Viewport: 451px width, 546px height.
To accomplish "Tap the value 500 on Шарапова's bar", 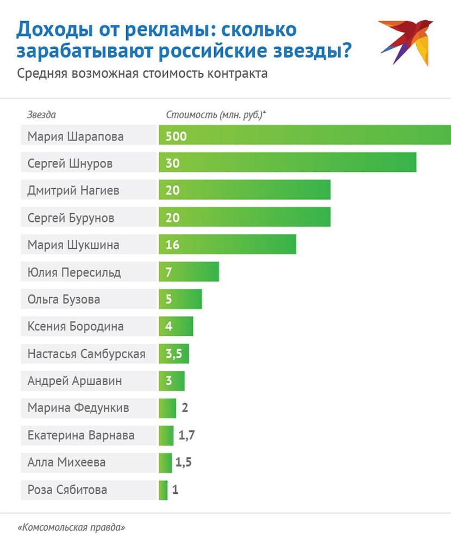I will tap(176, 136).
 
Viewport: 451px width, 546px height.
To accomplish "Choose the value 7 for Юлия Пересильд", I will tap(169, 272).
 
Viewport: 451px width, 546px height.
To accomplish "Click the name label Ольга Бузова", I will tap(64, 299).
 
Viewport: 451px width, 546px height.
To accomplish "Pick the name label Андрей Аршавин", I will tap(74, 381).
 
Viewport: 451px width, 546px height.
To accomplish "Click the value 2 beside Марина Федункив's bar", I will tap(185, 408).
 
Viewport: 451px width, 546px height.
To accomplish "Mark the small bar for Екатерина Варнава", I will tap(166, 435).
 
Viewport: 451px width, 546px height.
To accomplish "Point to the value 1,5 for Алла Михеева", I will tap(184, 463).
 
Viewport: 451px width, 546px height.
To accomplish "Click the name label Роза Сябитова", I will tap(67, 490).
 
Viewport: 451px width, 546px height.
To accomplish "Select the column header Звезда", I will tap(41, 115).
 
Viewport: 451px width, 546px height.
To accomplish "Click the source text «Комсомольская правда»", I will tap(72, 528).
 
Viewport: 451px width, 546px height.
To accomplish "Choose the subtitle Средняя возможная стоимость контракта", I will tap(142, 73).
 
